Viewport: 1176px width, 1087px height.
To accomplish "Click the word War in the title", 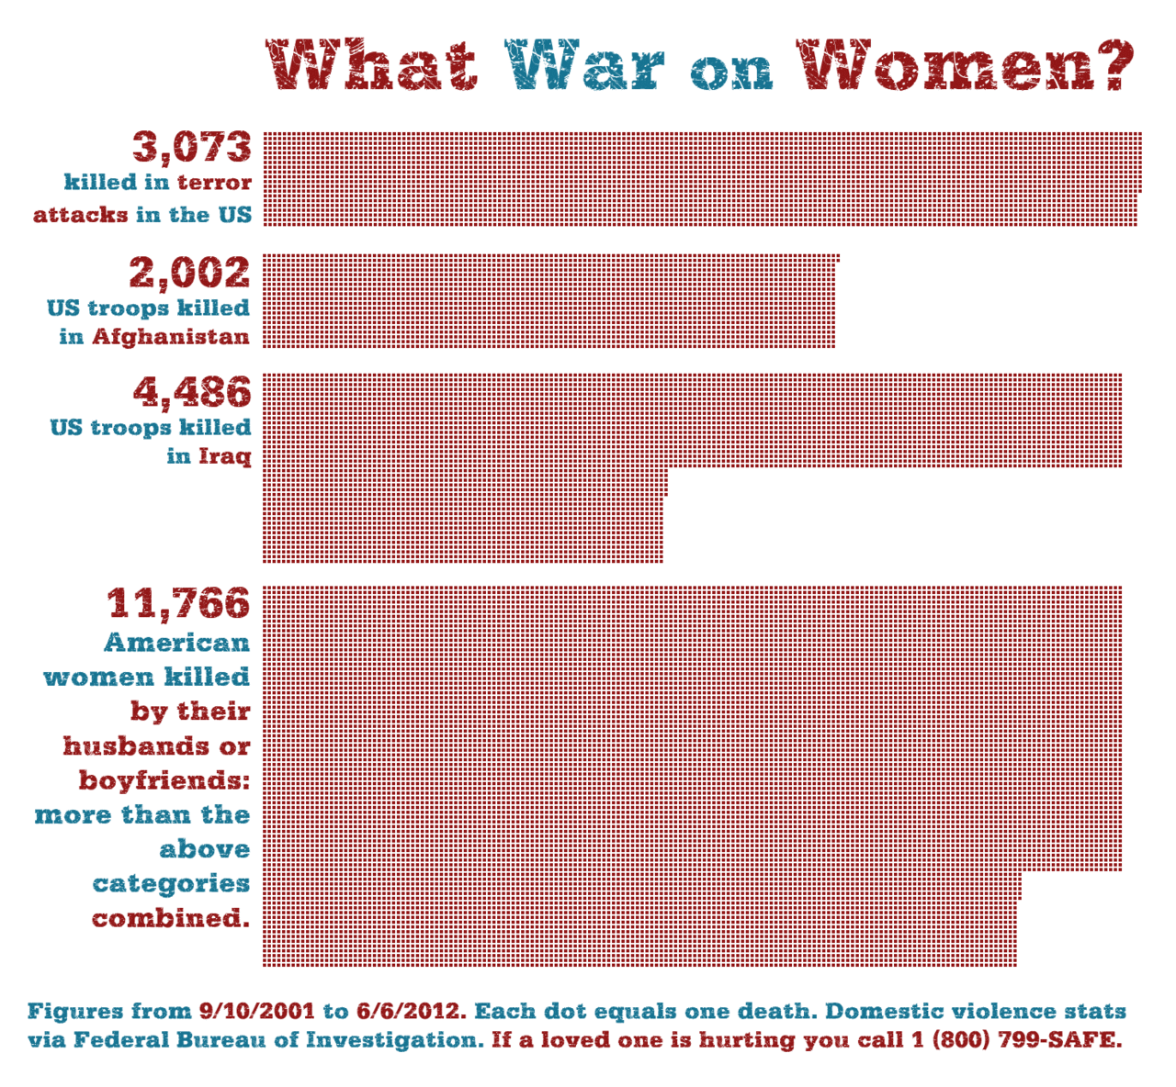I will pos(585,65).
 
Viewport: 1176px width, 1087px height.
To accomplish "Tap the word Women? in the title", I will pos(964,65).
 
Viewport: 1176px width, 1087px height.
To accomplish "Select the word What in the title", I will pos(372,65).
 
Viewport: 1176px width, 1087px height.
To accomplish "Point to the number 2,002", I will pos(189,273).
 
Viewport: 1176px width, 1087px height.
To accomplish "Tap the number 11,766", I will pos(179,603).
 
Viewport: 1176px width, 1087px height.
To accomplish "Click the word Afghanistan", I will pos(171,337).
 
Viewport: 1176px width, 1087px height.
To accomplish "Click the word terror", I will pos(214,183).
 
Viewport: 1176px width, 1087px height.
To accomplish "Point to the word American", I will pos(176,643).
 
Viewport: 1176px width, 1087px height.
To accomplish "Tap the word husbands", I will pos(138,745).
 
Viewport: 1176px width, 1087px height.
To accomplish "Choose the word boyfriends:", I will pos(164,780).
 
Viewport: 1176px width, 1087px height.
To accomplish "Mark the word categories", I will pos(172,884).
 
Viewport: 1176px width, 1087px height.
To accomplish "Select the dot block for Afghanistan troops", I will pos(549,302).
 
